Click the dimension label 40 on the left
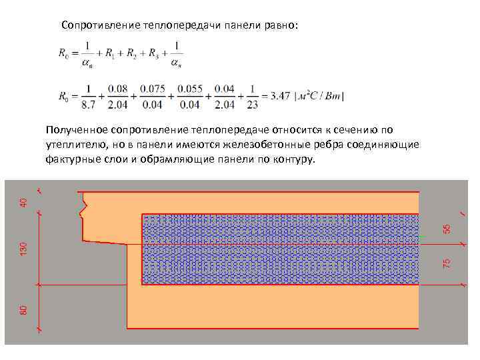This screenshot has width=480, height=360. coord(23,200)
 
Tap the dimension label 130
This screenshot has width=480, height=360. coord(23,249)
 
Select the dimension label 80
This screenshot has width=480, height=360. coord(23,309)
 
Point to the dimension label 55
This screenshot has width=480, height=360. coord(447,227)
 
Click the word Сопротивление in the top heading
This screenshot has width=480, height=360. coord(99,25)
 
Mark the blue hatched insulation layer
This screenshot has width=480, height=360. coord(280,249)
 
